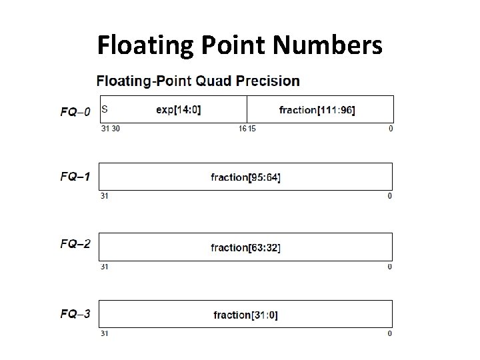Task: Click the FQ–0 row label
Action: [x=75, y=111]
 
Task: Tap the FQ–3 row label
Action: [x=75, y=313]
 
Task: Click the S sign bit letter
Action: [x=105, y=108]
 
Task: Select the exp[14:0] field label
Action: [x=178, y=109]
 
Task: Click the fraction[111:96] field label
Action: [x=317, y=109]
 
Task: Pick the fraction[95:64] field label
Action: [x=245, y=177]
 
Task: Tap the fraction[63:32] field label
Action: [x=245, y=247]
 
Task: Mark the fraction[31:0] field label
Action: [x=245, y=315]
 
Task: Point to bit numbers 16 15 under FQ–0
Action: [x=247, y=128]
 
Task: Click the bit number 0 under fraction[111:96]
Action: [x=391, y=128]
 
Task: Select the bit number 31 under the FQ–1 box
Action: [x=104, y=196]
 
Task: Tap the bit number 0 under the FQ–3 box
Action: [x=391, y=333]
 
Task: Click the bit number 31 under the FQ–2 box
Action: [x=104, y=266]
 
